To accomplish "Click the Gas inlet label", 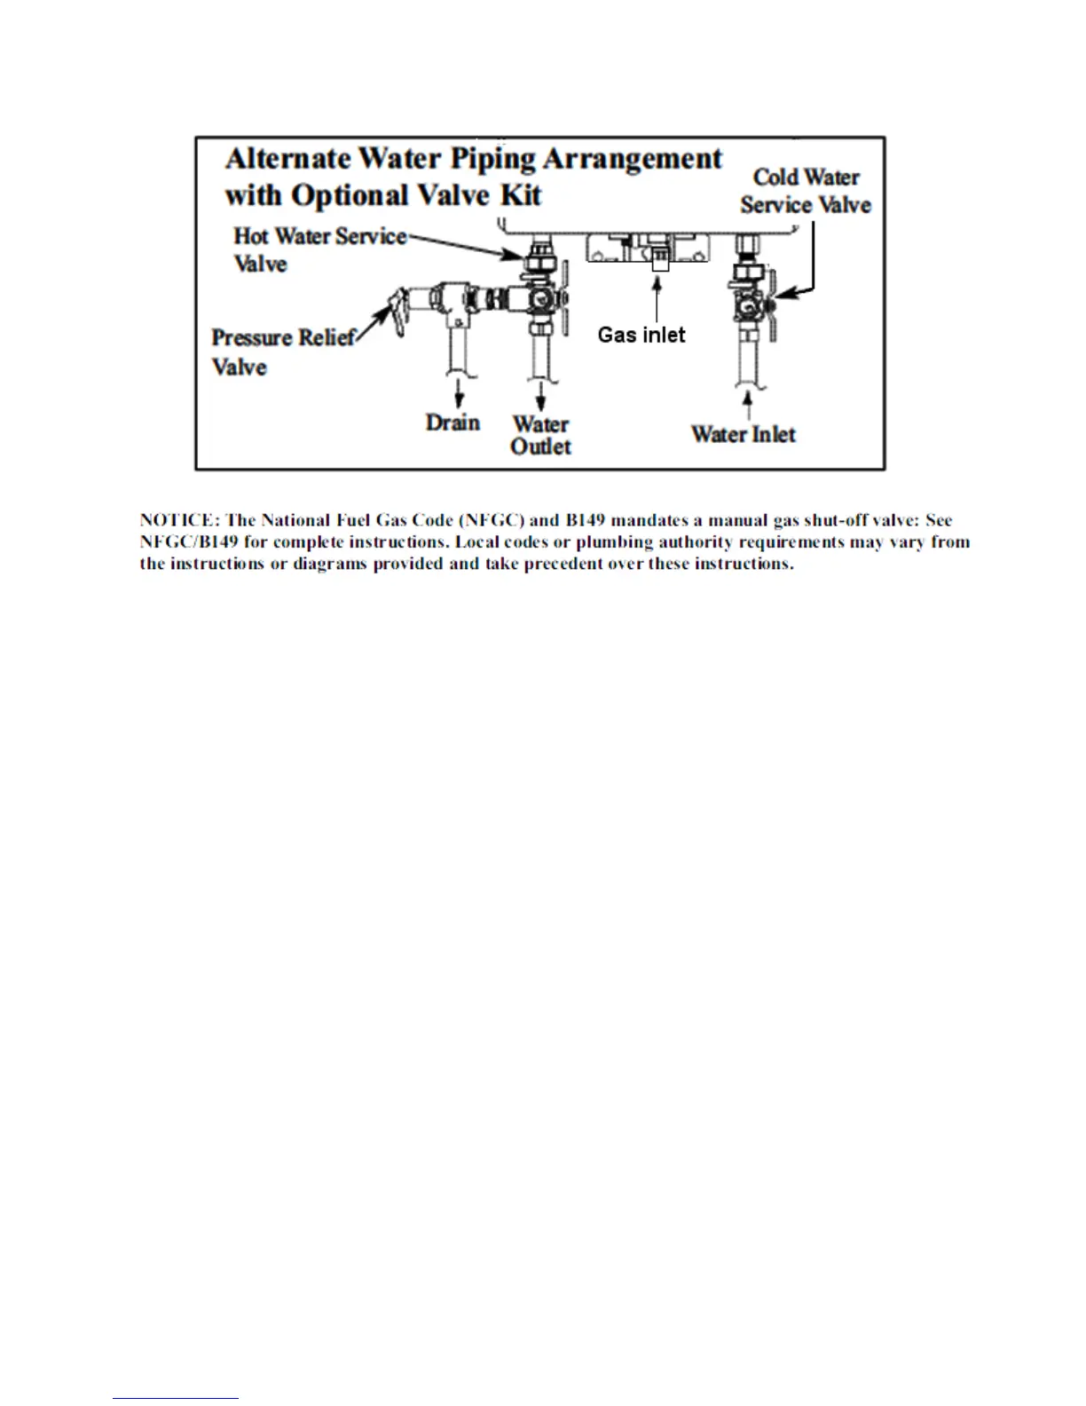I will [x=641, y=335].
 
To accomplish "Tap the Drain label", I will [x=452, y=423].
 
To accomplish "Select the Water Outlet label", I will [x=540, y=435].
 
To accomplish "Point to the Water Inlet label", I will [x=744, y=434].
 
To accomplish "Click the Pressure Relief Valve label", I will [x=283, y=351].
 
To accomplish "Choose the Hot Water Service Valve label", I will [x=319, y=249].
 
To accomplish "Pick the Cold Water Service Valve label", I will [x=806, y=191].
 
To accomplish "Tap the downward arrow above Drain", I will [x=459, y=394].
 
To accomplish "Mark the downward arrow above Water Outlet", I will [x=540, y=394].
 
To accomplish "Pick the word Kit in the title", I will [x=521, y=195].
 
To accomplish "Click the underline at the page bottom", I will [x=176, y=1398].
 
